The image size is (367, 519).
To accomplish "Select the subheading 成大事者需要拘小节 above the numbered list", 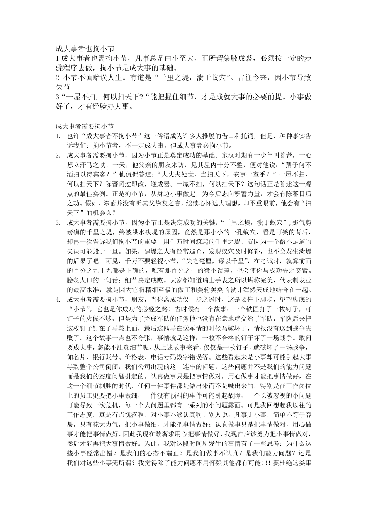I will [84, 126].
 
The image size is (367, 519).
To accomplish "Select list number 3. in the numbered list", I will [58, 222].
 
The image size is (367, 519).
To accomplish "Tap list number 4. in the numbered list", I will [58, 299].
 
